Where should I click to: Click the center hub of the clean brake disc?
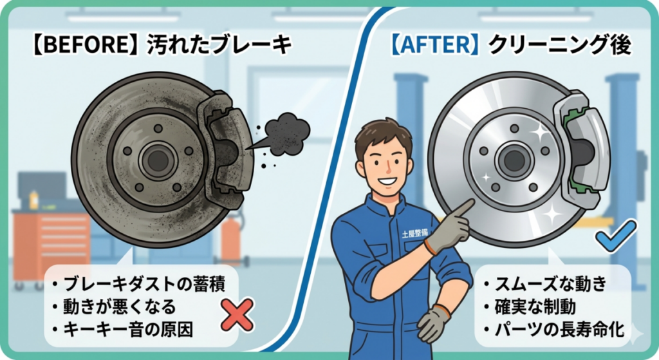tap(514, 158)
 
